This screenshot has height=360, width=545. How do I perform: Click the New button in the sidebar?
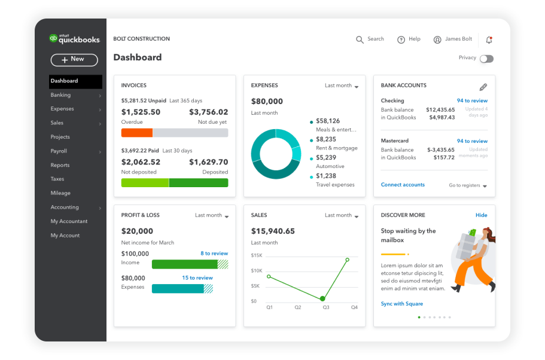(74, 59)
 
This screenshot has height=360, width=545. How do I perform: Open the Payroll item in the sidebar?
(59, 151)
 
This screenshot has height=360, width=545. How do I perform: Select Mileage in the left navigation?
(60, 193)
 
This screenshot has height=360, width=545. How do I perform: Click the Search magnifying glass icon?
(360, 39)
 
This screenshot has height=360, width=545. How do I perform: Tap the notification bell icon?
(489, 40)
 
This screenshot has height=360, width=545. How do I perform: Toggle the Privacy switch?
(486, 59)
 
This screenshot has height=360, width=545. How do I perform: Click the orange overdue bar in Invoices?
(137, 133)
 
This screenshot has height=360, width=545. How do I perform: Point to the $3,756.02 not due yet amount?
(208, 112)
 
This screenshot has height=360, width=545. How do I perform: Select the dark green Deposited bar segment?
(198, 183)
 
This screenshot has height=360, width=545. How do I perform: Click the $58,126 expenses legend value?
(328, 121)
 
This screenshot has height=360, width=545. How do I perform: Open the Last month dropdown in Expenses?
(342, 86)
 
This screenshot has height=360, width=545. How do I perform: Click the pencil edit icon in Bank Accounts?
(483, 87)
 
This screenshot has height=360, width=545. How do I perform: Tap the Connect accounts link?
(403, 185)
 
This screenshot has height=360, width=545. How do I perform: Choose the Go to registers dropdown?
(468, 185)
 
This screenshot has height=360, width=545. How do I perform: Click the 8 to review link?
(214, 254)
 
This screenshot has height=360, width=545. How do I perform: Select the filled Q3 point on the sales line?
(322, 298)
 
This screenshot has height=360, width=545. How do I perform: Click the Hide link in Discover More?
(481, 215)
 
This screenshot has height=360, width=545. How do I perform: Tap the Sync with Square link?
(401, 304)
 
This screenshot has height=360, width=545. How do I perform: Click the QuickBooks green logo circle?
(53, 38)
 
